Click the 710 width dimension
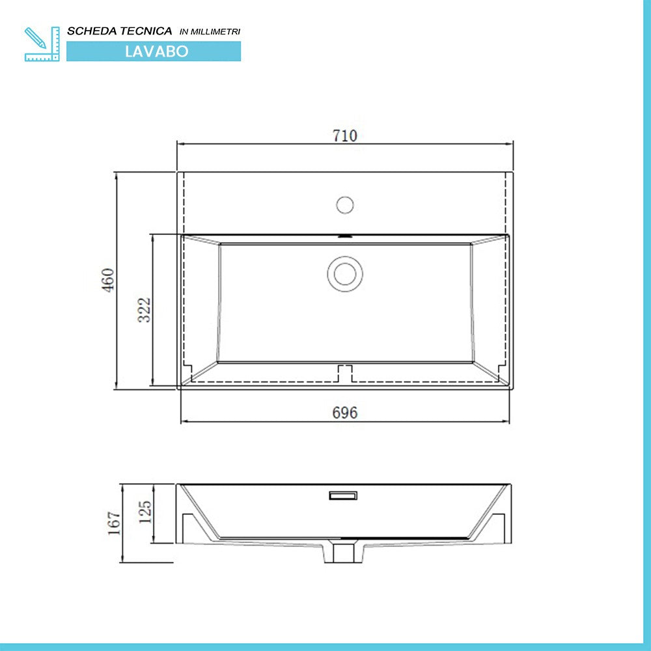click(345, 135)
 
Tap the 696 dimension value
click(345, 413)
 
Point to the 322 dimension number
click(144, 309)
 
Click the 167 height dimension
click(115, 523)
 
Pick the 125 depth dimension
click(145, 512)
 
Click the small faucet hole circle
click(344, 204)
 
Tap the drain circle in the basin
click(344, 273)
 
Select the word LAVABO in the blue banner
click(156, 51)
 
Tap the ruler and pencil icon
click(42, 44)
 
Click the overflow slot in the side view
click(343, 496)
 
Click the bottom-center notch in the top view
click(344, 372)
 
